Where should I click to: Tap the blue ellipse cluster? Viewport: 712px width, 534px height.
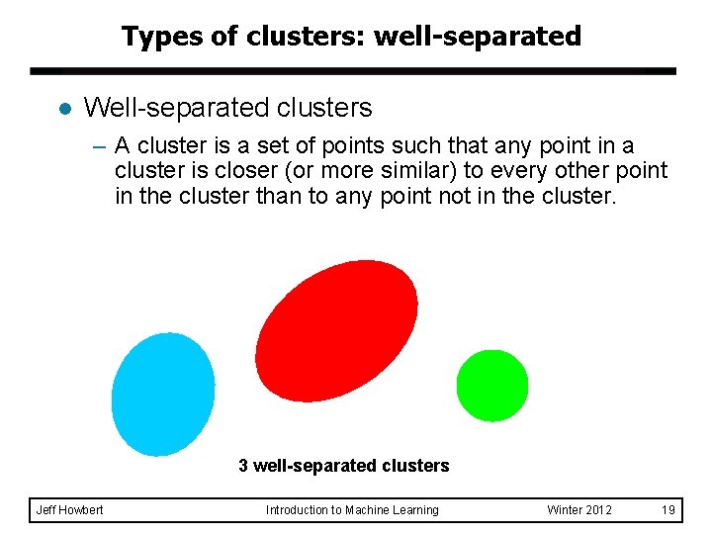[163, 394]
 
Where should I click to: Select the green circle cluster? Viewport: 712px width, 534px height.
[491, 386]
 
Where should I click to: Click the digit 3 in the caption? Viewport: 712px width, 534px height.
[243, 465]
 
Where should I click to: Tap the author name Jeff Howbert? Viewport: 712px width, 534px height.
[69, 510]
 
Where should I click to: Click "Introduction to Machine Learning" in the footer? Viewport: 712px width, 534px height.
[352, 510]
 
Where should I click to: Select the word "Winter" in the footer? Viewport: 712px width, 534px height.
[565, 510]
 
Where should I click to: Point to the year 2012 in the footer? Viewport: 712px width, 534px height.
[599, 510]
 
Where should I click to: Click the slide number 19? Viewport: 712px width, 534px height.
[668, 510]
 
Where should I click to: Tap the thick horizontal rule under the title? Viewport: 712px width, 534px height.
[353, 72]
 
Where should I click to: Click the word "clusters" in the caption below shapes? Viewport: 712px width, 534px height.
[414, 465]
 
